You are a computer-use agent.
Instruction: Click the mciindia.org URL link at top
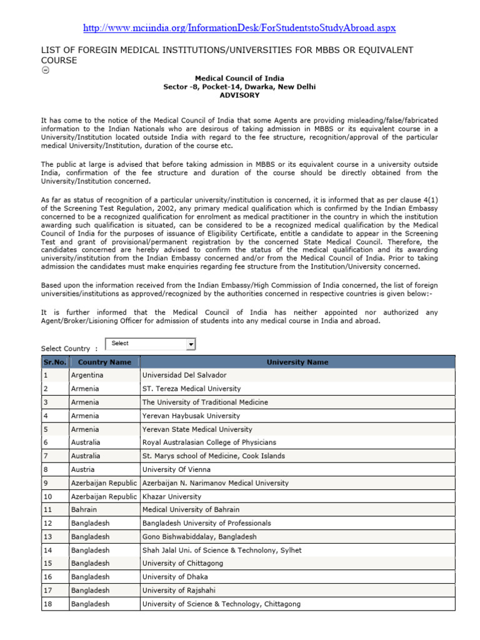(239, 28)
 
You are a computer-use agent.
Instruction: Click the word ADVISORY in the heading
(239, 96)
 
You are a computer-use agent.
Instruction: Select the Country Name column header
(104, 362)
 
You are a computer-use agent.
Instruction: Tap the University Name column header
(297, 362)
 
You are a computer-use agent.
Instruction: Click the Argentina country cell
(87, 375)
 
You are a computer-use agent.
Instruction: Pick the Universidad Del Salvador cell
(184, 375)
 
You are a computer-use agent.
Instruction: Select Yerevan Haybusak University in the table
(191, 416)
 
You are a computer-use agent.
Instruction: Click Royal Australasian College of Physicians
(209, 442)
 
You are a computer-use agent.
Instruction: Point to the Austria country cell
(84, 469)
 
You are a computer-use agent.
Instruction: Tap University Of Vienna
(177, 469)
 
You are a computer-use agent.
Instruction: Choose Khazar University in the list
(172, 496)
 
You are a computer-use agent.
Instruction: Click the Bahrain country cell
(84, 510)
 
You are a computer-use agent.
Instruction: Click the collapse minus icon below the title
(44, 70)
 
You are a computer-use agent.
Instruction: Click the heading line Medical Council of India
(239, 79)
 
